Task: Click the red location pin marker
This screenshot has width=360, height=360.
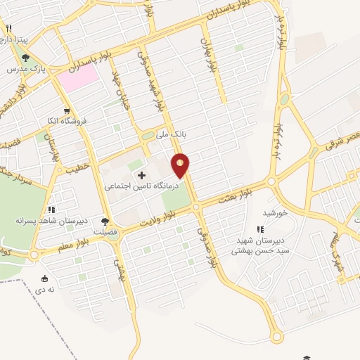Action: (181, 165)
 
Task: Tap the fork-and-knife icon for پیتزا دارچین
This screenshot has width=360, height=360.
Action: (9, 29)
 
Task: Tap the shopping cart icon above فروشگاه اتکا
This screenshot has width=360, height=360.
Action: (66, 110)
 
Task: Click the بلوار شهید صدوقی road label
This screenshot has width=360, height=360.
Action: (157, 86)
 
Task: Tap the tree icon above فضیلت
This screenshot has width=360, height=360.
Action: (105, 221)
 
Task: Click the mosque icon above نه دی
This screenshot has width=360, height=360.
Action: (46, 278)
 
